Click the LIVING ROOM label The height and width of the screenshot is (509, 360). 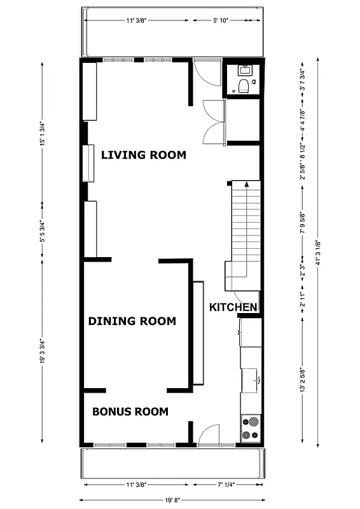click(x=144, y=155)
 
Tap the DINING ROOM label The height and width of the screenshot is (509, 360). click(x=132, y=321)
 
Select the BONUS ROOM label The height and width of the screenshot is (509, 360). click(x=130, y=412)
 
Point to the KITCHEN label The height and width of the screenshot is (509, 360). click(x=233, y=307)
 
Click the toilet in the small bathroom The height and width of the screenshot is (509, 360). click(x=243, y=86)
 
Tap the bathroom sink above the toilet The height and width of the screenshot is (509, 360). click(x=244, y=69)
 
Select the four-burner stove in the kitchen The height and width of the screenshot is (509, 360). click(x=251, y=428)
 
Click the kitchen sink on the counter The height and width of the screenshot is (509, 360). click(x=258, y=380)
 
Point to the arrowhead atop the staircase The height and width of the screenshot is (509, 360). click(x=245, y=183)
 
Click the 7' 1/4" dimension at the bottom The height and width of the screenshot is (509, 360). click(x=225, y=485)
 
